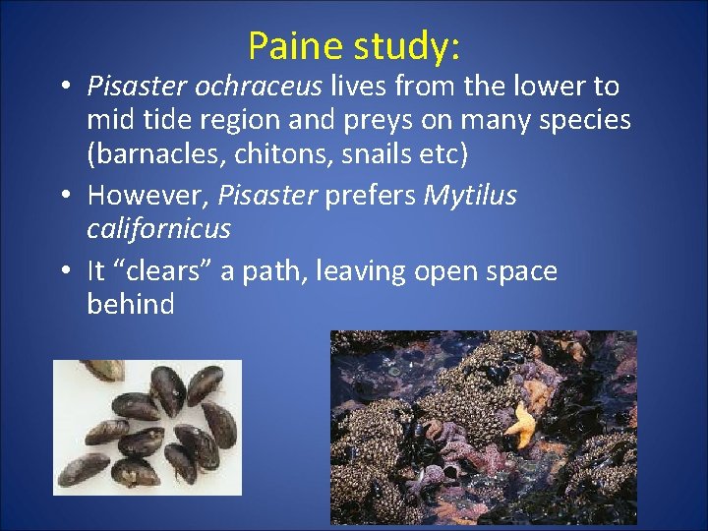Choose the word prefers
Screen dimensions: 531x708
[x=371, y=196]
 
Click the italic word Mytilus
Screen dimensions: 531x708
[x=470, y=196]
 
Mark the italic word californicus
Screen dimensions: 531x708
[x=158, y=229]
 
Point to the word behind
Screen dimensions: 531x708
[x=131, y=305]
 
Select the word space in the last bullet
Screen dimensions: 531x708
[x=516, y=271]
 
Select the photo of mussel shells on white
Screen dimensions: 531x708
[x=147, y=427]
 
